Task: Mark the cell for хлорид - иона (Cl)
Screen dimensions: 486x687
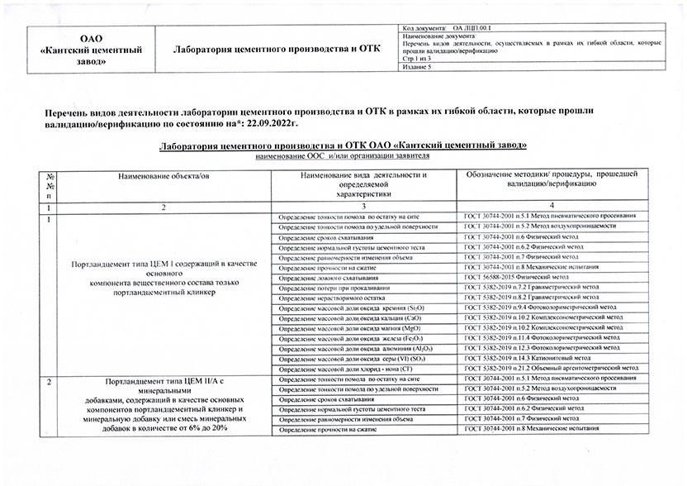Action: [x=348, y=368]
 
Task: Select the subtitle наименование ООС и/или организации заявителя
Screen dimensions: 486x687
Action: [x=343, y=155]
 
